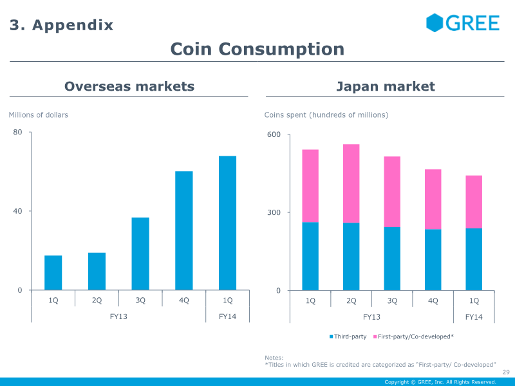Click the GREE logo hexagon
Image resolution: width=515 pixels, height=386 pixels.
click(x=435, y=23)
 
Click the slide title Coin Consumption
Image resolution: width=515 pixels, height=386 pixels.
click(x=257, y=49)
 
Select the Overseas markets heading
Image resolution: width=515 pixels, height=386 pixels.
click(x=129, y=86)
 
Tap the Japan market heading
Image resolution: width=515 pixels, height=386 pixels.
click(x=386, y=86)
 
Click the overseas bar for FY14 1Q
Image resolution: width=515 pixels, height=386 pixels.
click(x=227, y=223)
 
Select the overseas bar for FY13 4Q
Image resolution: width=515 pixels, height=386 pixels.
click(x=184, y=230)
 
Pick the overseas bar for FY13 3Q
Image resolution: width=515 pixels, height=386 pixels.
click(x=140, y=253)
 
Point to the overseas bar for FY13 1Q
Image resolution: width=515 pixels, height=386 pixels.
click(x=53, y=273)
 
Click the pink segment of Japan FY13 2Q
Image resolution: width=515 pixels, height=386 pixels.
click(x=351, y=183)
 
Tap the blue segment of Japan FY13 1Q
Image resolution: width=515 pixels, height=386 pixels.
click(x=310, y=256)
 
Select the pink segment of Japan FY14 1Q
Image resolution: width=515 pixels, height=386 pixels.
click(x=474, y=202)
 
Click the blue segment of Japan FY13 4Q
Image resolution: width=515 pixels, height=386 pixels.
click(x=433, y=260)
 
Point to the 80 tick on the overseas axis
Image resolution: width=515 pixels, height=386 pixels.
click(x=18, y=133)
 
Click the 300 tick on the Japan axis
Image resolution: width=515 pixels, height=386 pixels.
click(x=275, y=212)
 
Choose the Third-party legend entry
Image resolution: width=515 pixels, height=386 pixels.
click(x=348, y=336)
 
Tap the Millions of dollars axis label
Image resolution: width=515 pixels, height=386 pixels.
click(x=38, y=115)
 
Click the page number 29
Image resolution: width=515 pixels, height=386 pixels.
click(x=505, y=372)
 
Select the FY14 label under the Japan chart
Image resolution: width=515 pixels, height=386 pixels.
click(x=474, y=317)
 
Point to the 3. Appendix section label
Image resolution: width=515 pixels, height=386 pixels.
click(x=62, y=25)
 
